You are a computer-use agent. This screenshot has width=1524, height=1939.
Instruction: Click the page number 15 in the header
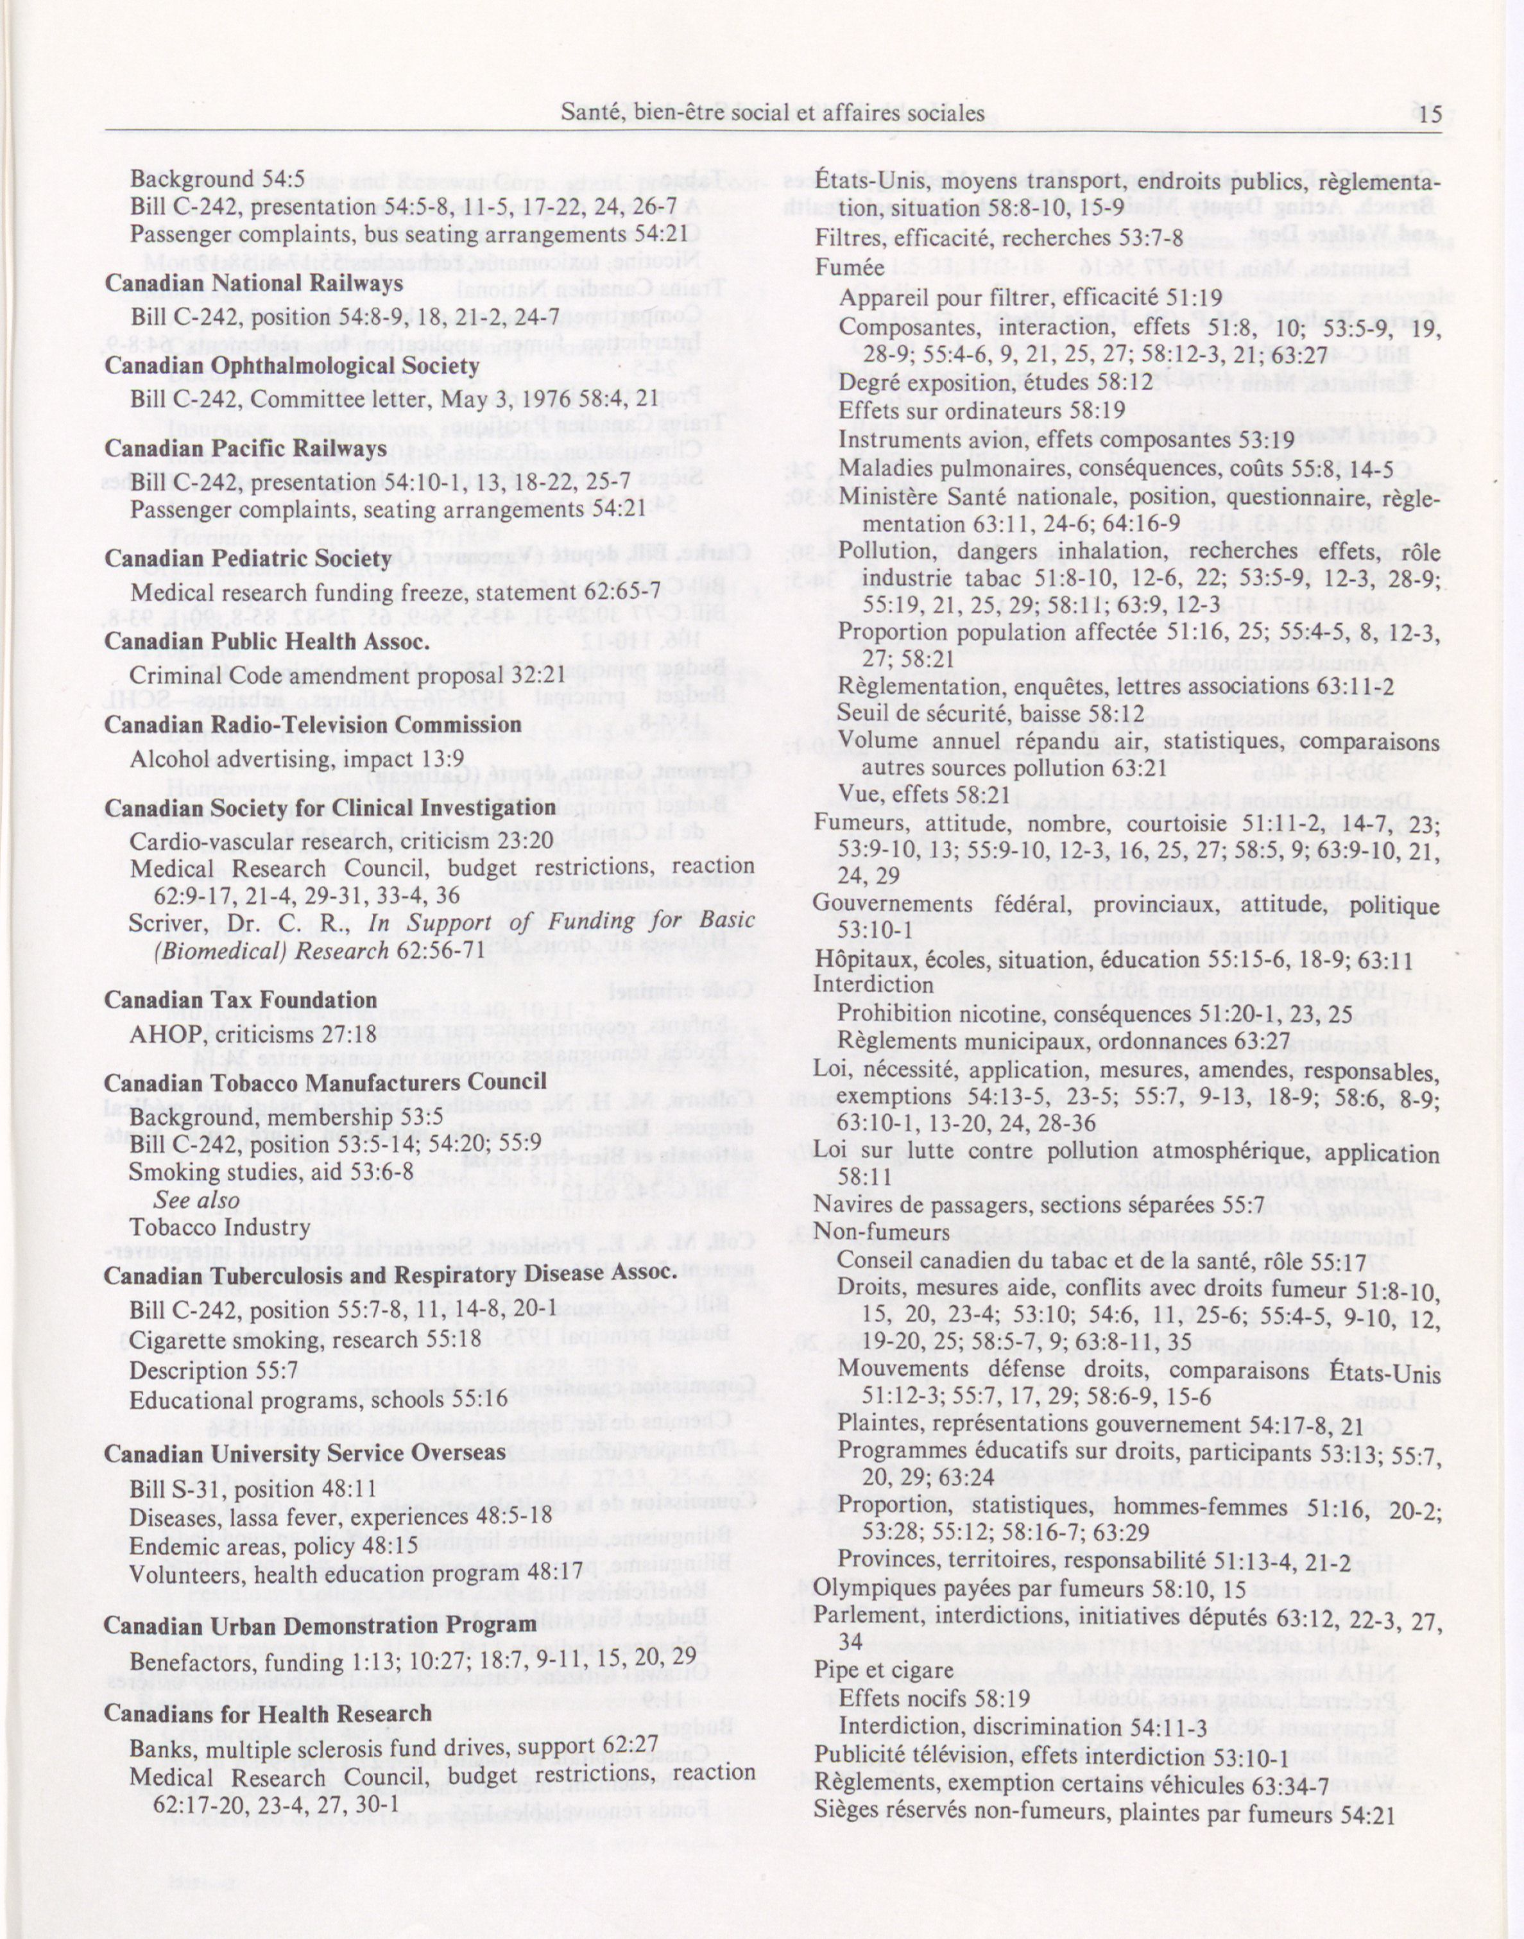pyautogui.click(x=1430, y=114)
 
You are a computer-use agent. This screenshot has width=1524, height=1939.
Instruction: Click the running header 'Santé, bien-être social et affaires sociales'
pyautogui.click(x=773, y=114)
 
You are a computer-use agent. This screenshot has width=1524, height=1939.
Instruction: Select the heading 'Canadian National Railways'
pyautogui.click(x=253, y=284)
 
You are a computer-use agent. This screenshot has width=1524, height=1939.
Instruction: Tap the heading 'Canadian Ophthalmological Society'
pyautogui.click(x=292, y=366)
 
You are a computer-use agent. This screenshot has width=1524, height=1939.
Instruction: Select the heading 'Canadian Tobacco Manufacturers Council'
pyautogui.click(x=326, y=1082)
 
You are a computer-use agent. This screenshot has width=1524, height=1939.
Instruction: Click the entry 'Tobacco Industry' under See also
pyautogui.click(x=207, y=1228)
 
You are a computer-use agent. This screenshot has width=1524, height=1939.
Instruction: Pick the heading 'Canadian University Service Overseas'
pyautogui.click(x=305, y=1454)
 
